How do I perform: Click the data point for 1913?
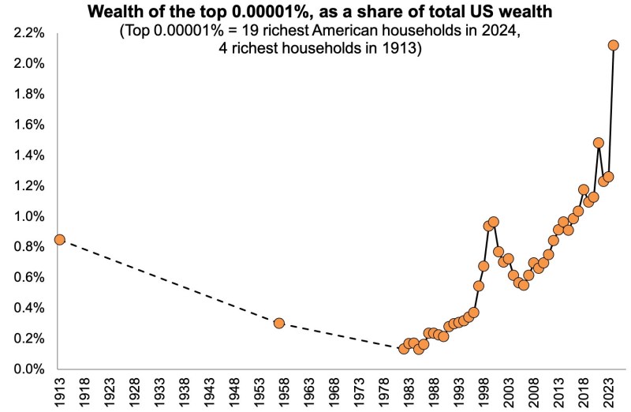pos(59,239)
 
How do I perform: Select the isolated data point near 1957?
pos(278,323)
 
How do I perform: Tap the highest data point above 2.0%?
pos(614,45)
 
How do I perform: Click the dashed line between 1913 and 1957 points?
pos(169,281)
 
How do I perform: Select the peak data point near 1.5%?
pos(598,143)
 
